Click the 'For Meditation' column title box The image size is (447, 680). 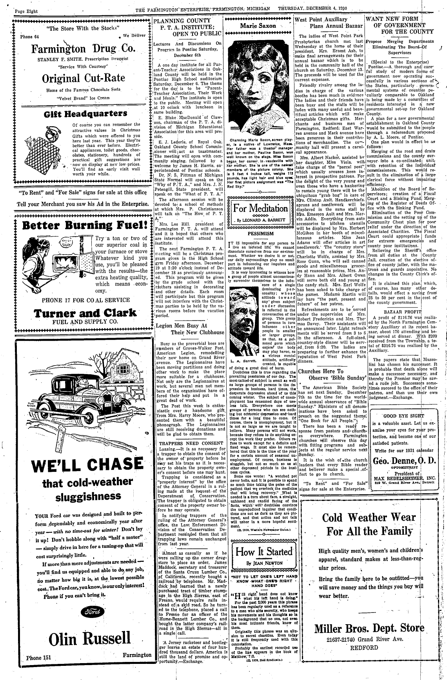260,209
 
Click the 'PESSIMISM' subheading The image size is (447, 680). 260,233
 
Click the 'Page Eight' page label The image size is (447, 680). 26,11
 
